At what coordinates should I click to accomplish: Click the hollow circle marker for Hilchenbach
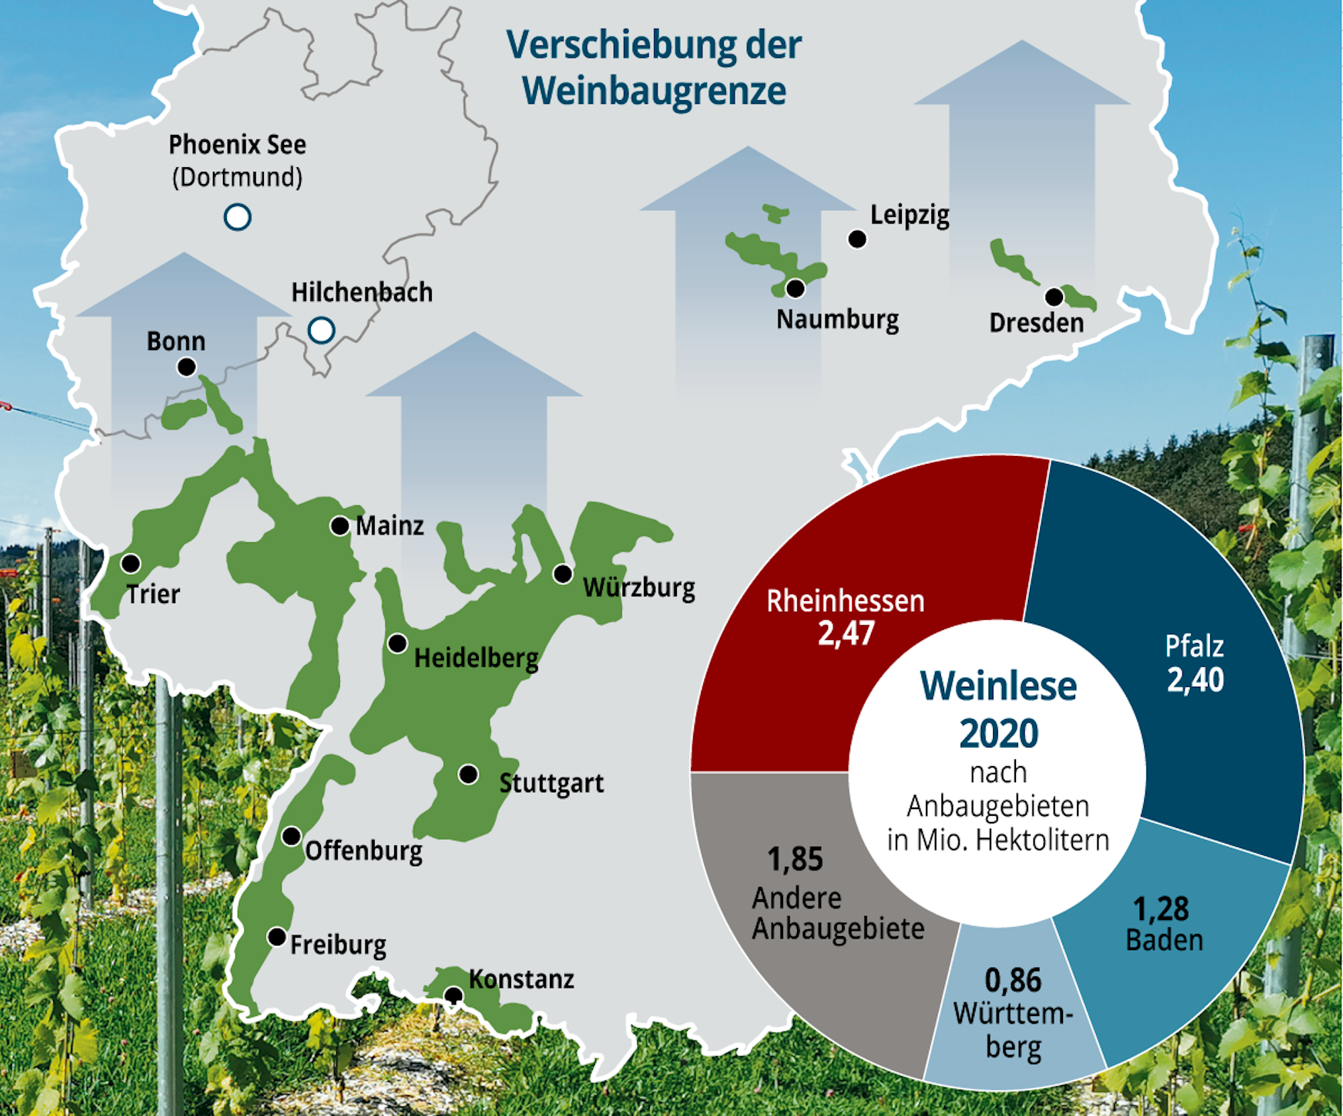click(x=322, y=330)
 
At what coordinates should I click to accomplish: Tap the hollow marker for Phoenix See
click(x=238, y=217)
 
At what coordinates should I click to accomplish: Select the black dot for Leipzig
click(x=857, y=238)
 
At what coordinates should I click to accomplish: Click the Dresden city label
click(x=1036, y=323)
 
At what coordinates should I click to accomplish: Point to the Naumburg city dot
click(x=796, y=289)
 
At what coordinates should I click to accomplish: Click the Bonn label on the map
click(x=176, y=341)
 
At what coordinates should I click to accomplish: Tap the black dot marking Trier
click(x=130, y=563)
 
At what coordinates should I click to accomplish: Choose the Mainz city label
click(x=389, y=526)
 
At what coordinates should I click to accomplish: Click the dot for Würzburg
click(x=563, y=573)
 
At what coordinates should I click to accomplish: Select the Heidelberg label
click(x=476, y=658)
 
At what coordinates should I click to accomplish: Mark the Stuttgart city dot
click(x=468, y=774)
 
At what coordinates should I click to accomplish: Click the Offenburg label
click(x=364, y=851)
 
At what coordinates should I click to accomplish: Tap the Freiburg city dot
click(x=277, y=937)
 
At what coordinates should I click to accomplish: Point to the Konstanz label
click(x=521, y=979)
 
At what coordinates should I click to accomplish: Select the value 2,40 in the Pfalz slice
click(x=1195, y=680)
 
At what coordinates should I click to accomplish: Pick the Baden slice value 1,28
click(x=1161, y=909)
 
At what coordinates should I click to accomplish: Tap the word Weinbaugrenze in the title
click(x=654, y=91)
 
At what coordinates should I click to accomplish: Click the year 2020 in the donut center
click(x=999, y=733)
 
